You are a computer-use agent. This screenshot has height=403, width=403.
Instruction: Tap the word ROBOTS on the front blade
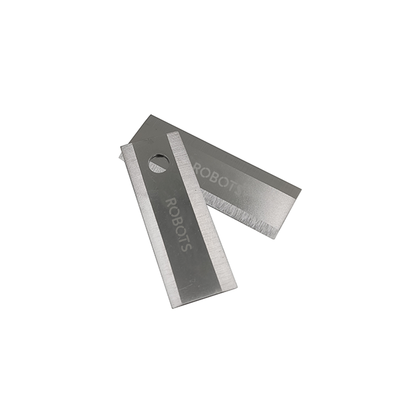point(179,224)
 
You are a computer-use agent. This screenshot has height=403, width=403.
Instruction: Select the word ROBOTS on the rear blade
point(217,178)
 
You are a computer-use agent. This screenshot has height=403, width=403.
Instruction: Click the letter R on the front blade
point(171,201)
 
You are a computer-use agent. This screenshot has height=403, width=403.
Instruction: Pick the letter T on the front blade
point(183,238)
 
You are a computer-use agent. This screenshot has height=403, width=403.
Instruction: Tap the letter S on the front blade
point(186,247)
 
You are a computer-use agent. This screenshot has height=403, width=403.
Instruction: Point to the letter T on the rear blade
point(230,185)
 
